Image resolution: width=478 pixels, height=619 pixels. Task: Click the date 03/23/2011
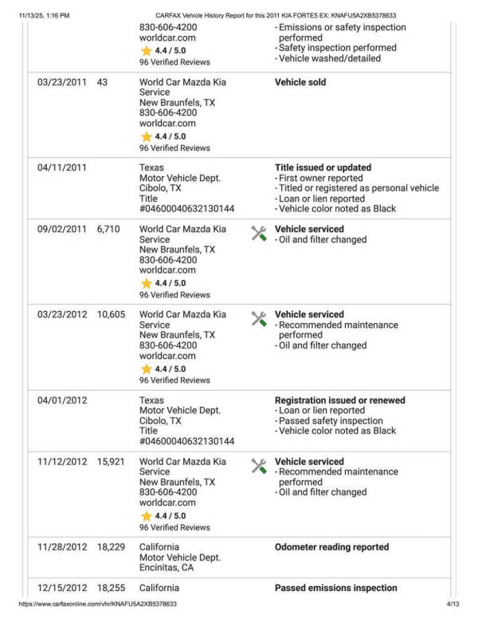tap(61, 82)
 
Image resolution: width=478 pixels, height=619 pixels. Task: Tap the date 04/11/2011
tap(61, 168)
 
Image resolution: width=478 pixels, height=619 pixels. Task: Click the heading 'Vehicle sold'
tap(300, 82)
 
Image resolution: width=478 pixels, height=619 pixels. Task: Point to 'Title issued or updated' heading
tap(323, 168)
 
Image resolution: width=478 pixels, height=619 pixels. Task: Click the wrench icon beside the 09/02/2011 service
tap(259, 233)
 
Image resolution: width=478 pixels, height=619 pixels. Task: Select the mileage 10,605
tap(111, 314)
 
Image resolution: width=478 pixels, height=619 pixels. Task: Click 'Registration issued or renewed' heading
tap(339, 400)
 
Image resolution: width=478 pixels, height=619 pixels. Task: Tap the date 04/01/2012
tap(61, 400)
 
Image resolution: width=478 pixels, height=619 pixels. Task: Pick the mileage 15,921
tap(111, 462)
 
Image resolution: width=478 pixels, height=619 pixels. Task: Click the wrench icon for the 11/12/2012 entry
tap(259, 466)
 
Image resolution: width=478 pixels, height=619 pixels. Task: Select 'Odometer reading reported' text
tap(331, 547)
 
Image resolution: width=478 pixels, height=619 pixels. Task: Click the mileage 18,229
tap(111, 547)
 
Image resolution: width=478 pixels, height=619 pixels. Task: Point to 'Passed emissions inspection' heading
tap(335, 588)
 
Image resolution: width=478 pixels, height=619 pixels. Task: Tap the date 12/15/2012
tap(61, 588)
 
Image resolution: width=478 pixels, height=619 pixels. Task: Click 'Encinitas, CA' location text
tap(167, 568)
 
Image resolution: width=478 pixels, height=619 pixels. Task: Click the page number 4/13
tap(453, 605)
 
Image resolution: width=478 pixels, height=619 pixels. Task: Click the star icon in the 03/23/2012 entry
tap(147, 369)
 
